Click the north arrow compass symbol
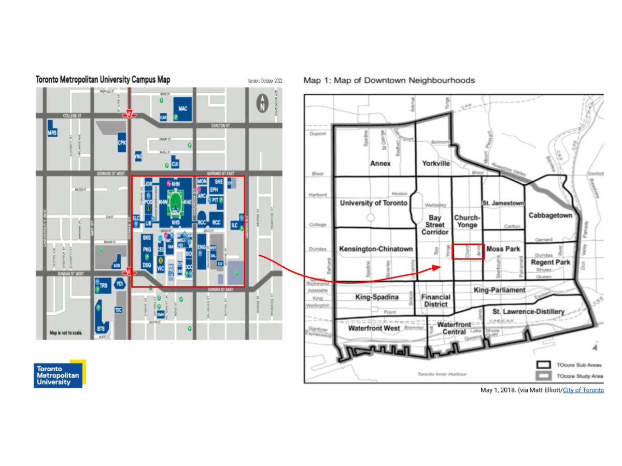263,103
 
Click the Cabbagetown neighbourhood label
550,215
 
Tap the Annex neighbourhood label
380,163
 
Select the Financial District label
435,301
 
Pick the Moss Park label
503,249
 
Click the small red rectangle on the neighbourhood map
468,252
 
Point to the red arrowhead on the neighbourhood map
437,268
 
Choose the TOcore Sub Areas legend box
543,365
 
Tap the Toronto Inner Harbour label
442,374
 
